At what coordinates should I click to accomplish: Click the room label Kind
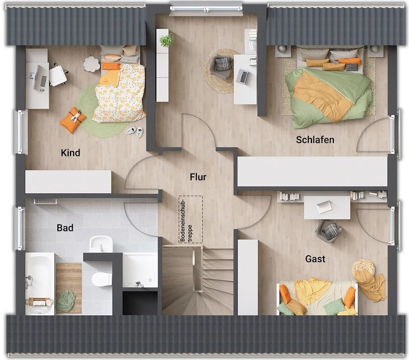(x=70, y=153)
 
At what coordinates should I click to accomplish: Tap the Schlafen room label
(x=315, y=140)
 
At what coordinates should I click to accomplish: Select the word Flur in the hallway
(x=198, y=177)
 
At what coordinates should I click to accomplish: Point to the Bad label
(x=65, y=228)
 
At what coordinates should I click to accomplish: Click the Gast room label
(x=315, y=259)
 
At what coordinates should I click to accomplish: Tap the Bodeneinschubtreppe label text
(x=186, y=220)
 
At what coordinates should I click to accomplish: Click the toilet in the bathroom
(x=101, y=279)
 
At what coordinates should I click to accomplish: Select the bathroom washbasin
(x=101, y=244)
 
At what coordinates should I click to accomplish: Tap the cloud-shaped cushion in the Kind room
(x=91, y=64)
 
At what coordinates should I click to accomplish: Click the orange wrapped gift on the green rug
(x=73, y=120)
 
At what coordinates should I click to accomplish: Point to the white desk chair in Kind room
(x=58, y=75)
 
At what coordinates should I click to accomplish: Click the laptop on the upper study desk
(x=242, y=77)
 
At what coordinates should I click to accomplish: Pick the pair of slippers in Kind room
(x=135, y=131)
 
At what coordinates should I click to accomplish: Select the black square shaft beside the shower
(x=140, y=303)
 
